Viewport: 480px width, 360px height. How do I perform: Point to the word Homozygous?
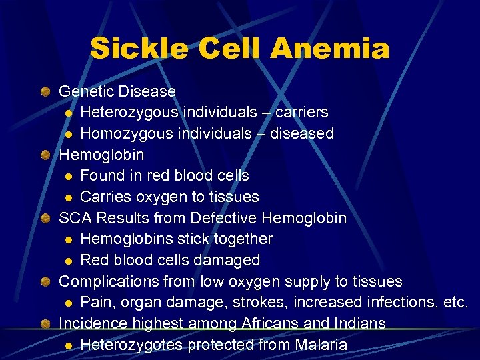tap(127, 133)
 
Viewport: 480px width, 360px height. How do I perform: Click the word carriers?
tap(299, 112)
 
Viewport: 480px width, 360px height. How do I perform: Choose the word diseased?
tap(301, 133)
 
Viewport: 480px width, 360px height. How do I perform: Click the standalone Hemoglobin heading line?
tap(101, 154)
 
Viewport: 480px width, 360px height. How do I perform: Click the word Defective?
tap(225, 218)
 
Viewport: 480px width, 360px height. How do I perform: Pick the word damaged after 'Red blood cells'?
tap(229, 260)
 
